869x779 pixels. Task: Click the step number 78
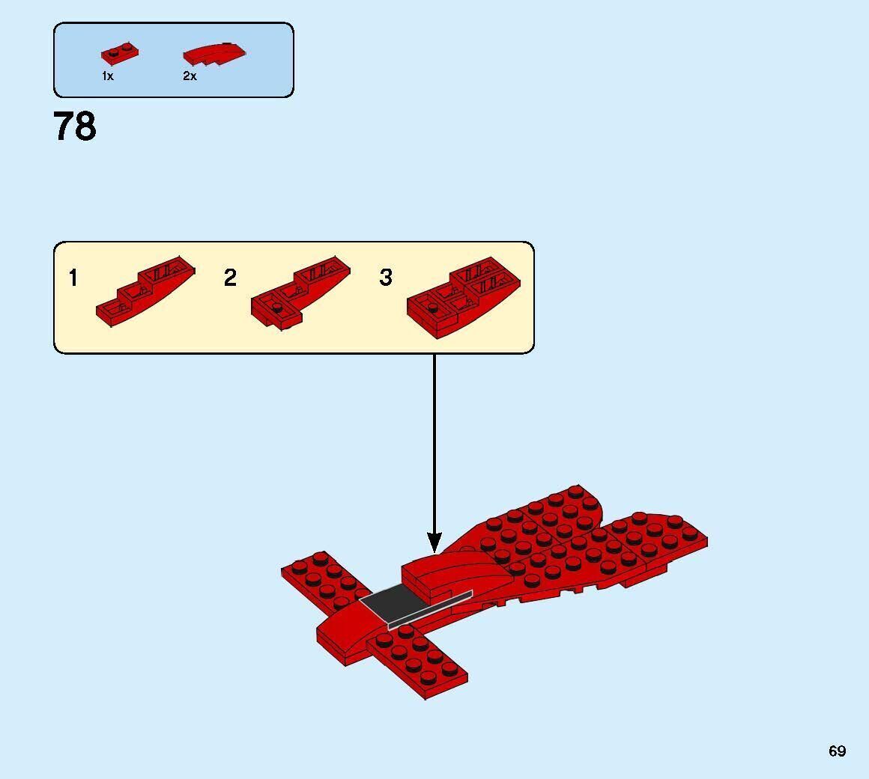(x=75, y=126)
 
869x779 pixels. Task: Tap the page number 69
(x=837, y=751)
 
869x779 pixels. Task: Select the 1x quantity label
(x=108, y=76)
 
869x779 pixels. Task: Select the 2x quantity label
(x=190, y=76)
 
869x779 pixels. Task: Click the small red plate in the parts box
(x=120, y=53)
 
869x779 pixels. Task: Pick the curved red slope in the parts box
(x=216, y=54)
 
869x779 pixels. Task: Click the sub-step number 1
(x=73, y=278)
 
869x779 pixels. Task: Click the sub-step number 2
(x=230, y=278)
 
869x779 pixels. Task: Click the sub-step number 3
(x=386, y=278)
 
